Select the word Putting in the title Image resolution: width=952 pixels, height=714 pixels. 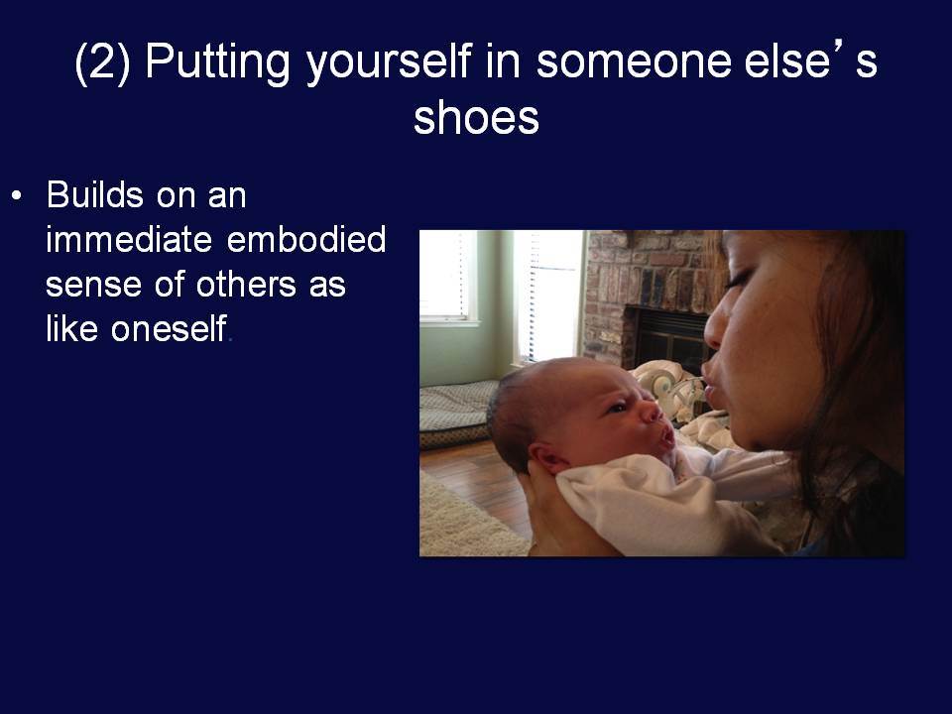tap(217, 61)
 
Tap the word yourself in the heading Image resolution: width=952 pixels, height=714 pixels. tap(389, 61)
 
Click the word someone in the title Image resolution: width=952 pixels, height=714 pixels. tap(634, 61)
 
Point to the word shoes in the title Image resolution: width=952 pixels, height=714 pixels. tap(477, 117)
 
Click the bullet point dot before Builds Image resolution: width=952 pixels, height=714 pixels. tap(17, 196)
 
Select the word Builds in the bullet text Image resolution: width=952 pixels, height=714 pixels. tap(95, 194)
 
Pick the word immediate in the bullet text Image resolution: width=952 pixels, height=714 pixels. tap(129, 239)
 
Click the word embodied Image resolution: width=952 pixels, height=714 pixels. tap(306, 239)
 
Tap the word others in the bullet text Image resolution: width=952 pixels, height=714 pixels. tap(246, 284)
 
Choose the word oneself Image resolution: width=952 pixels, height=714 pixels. tap(169, 328)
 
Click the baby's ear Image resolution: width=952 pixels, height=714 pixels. tap(541, 457)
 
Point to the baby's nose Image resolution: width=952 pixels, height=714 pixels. tap(652, 412)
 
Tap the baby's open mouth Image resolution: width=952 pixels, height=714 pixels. tap(666, 435)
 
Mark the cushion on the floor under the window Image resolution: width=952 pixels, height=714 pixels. tap(456, 414)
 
